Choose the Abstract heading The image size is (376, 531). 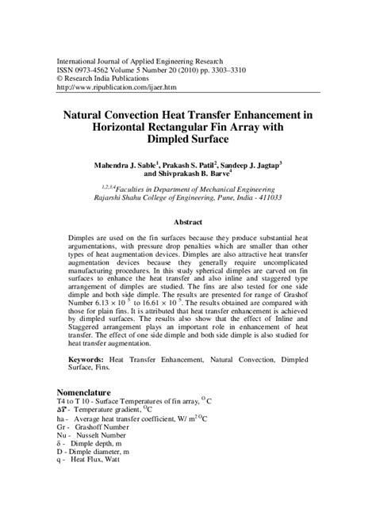pyautogui.click(x=188, y=223)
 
